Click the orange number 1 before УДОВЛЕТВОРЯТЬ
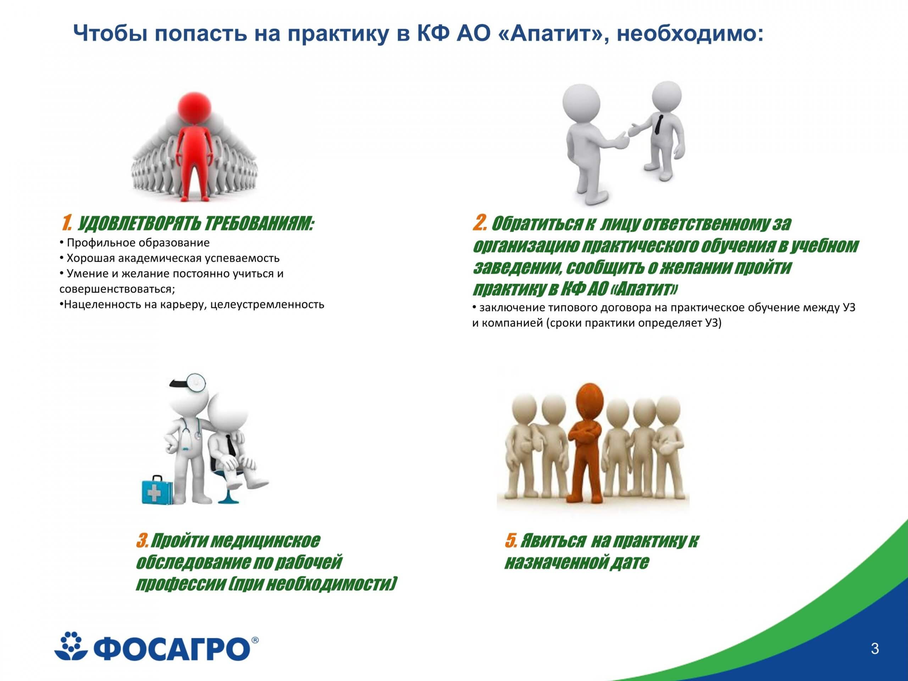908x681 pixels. pyautogui.click(x=66, y=224)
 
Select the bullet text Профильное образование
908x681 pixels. pyautogui.click(x=138, y=243)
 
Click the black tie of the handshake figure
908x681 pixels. pyautogui.click(x=658, y=124)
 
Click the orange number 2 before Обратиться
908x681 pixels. pyautogui.click(x=480, y=223)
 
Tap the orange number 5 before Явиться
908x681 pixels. pyautogui.click(x=511, y=541)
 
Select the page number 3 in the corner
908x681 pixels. pyautogui.click(x=875, y=649)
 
